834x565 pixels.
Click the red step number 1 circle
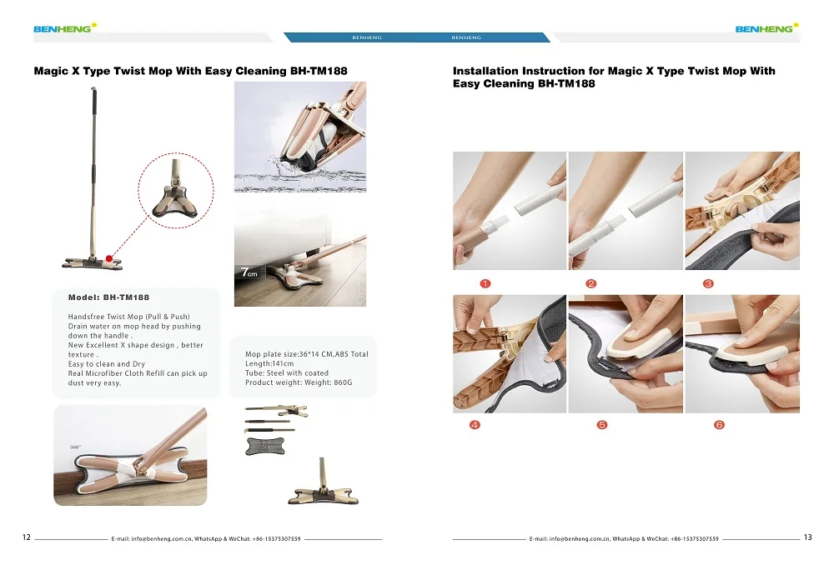tap(485, 284)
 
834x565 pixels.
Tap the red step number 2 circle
tap(591, 284)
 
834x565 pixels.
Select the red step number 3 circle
tap(708, 284)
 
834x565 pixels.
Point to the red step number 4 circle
tap(475, 425)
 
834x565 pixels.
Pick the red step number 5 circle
tap(601, 425)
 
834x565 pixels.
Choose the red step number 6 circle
tap(719, 425)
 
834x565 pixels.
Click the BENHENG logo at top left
tap(65, 28)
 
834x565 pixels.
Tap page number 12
tap(27, 537)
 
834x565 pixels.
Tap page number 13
tap(807, 537)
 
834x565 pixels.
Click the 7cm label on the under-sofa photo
tap(249, 272)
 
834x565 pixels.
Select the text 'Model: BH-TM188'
tap(108, 297)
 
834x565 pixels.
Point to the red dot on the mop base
tap(109, 259)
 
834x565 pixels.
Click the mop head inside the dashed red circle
tap(175, 194)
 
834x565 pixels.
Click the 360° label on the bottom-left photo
tap(76, 447)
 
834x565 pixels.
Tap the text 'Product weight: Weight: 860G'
tap(299, 382)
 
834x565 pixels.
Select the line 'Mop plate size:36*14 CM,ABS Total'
tap(306, 354)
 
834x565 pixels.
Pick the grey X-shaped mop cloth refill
tap(265, 446)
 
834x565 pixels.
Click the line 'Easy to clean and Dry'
tap(107, 364)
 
